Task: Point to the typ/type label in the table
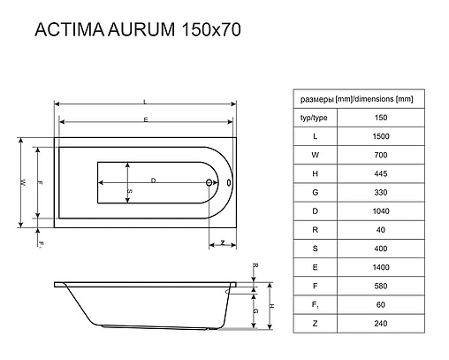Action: click(x=316, y=117)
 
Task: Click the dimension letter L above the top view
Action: click(x=144, y=102)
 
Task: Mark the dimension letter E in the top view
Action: click(x=144, y=119)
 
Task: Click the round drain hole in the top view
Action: click(x=210, y=185)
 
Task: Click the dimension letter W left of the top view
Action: click(x=22, y=182)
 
